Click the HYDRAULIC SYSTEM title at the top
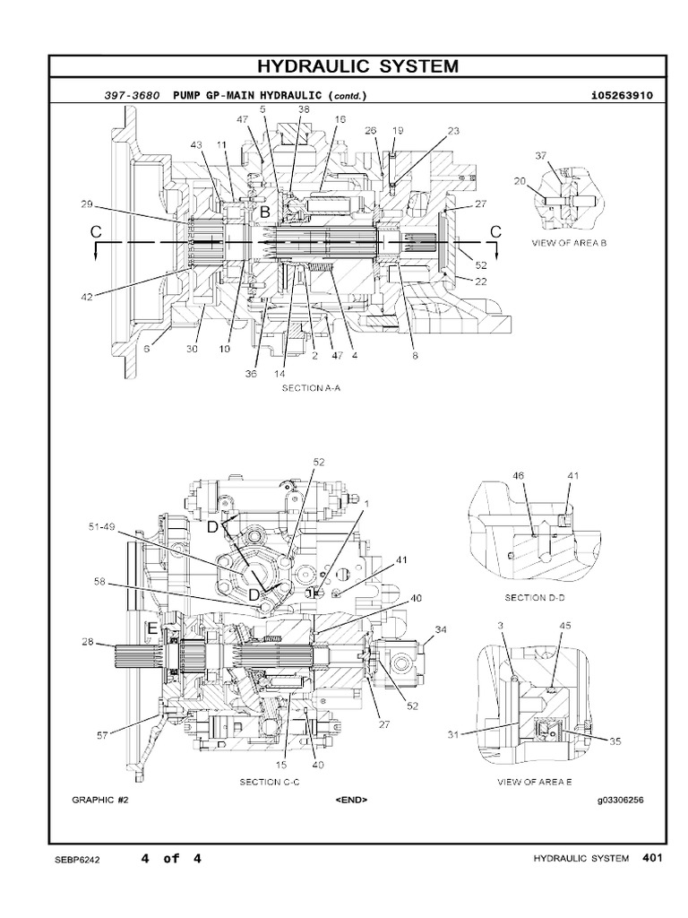point(357,66)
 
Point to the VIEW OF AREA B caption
point(570,243)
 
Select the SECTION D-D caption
point(534,597)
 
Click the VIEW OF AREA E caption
point(534,782)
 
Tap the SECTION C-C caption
point(269,782)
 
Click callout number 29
point(87,205)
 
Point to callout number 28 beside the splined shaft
point(87,642)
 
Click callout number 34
point(441,629)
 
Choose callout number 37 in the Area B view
point(541,156)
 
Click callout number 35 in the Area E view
point(615,741)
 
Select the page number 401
point(651,858)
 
